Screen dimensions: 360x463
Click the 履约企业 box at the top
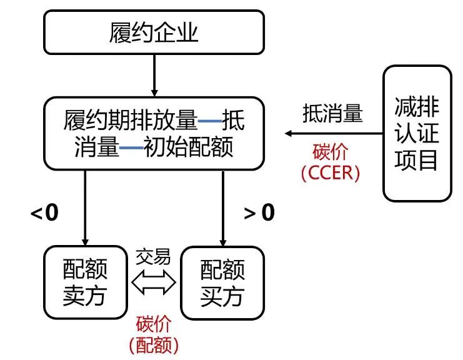[153, 32]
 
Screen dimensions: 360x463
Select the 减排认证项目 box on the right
[417, 134]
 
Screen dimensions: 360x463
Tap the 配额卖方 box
[85, 283]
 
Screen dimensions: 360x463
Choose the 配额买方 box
[222, 283]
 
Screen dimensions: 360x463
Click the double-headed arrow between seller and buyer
[154, 285]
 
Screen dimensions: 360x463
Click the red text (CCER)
[331, 173]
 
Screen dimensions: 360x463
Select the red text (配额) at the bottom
[154, 344]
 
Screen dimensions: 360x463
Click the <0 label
[45, 213]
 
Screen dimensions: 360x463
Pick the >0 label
[259, 213]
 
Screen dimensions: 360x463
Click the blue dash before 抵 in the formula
[209, 121]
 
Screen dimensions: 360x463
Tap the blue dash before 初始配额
[131, 148]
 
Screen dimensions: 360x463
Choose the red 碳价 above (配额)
[154, 324]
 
